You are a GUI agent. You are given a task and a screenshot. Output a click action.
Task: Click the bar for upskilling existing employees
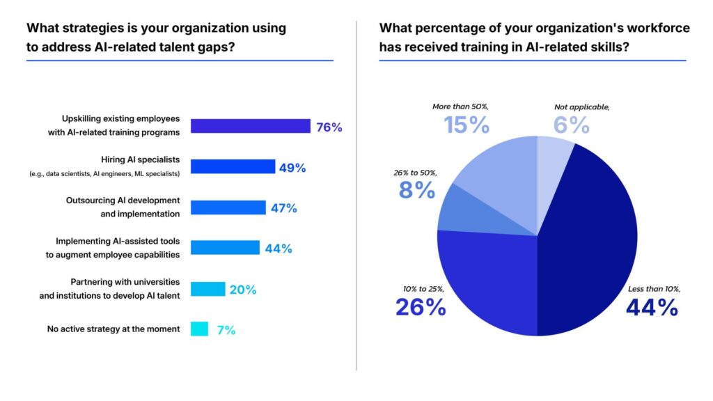pyautogui.click(x=250, y=126)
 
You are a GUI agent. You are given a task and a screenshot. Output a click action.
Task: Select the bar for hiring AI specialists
pyautogui.click(x=233, y=166)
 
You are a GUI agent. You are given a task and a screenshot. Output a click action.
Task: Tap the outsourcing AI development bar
pyautogui.click(x=228, y=207)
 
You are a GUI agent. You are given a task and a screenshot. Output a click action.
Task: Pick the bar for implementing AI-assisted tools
pyautogui.click(x=225, y=248)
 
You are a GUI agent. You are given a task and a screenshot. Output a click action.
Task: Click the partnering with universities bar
pyautogui.click(x=207, y=289)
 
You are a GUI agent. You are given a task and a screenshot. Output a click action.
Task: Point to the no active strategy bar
pyautogui.click(x=199, y=329)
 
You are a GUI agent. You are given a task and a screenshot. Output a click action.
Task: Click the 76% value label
pyautogui.click(x=329, y=127)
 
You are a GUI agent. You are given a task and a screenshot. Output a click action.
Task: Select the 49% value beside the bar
pyautogui.click(x=292, y=168)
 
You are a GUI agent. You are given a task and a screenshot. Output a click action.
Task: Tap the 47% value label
pyautogui.click(x=284, y=208)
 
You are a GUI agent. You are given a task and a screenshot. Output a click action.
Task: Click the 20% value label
pyautogui.click(x=243, y=290)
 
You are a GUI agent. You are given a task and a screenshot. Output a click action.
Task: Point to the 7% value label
pyautogui.click(x=226, y=330)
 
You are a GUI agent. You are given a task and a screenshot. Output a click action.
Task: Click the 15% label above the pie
pyautogui.click(x=467, y=125)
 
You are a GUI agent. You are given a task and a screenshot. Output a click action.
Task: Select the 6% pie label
pyautogui.click(x=572, y=125)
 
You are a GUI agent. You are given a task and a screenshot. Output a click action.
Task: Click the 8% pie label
pyautogui.click(x=418, y=189)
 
